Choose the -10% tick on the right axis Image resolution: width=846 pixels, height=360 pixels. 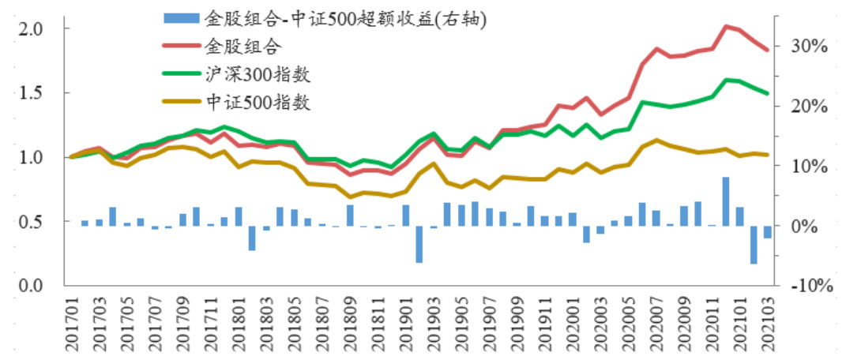coord(808,286)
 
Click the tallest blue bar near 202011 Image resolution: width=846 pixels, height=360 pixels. coord(725,201)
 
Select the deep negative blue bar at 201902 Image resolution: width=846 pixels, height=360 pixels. coord(419,245)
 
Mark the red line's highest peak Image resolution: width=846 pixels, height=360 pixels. coord(726,27)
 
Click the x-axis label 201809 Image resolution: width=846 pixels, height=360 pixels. coord(349,324)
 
